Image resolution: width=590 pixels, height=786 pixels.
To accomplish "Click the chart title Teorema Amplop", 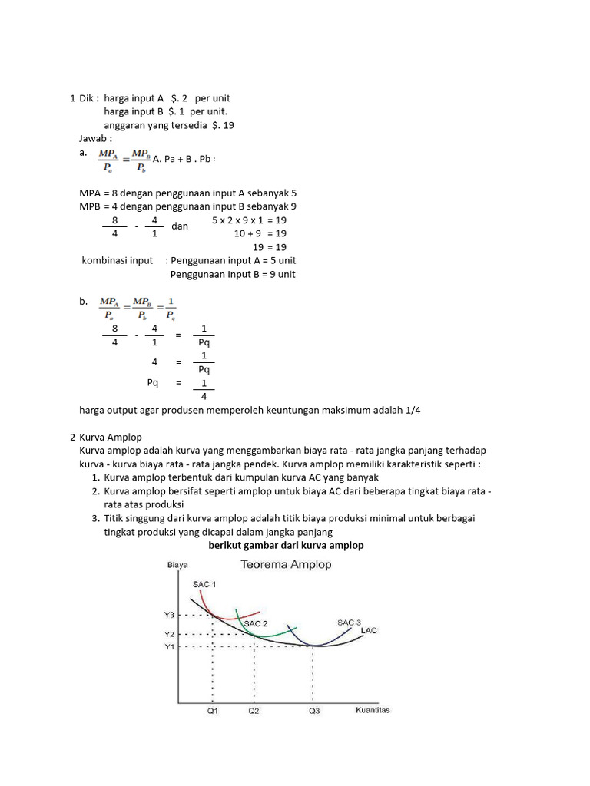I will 287,565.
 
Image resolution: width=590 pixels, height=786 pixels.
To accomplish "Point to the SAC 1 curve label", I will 204,584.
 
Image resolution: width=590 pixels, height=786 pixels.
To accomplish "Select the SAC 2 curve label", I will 256,624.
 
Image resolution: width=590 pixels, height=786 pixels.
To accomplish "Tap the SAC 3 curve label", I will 349,621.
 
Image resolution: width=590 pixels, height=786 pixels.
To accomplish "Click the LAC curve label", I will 369,631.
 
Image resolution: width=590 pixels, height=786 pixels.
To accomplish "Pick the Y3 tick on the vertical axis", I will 170,615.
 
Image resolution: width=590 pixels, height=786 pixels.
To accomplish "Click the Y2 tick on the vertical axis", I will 170,635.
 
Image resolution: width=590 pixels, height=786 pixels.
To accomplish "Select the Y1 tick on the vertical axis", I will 170,647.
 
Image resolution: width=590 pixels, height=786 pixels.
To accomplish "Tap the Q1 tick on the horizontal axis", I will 212,711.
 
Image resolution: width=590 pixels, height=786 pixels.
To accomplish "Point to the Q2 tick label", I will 254,711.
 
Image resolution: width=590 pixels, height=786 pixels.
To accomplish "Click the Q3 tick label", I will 314,711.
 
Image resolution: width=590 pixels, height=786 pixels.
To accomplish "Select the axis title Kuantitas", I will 373,710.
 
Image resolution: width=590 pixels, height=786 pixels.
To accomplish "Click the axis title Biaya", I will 177,566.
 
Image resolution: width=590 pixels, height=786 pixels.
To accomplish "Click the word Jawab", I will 95,138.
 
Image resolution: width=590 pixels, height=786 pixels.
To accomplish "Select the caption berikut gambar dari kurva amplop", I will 286,545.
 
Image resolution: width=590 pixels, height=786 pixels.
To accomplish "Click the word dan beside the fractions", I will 180,226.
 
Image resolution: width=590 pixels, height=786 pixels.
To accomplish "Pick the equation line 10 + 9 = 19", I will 260,233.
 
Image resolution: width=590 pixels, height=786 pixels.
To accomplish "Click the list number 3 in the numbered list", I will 94,518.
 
